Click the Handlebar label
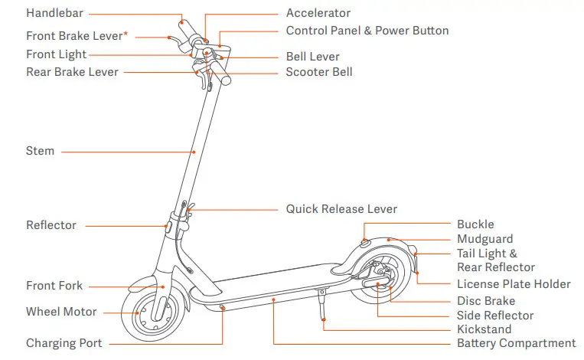coord(54,13)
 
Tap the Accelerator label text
coord(318,13)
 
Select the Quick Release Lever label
coord(341,208)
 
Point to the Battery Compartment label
coord(516,343)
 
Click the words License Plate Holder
coord(514,284)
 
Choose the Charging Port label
coord(64,343)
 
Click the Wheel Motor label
coord(61,312)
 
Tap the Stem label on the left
coord(40,151)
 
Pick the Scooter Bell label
coord(319,72)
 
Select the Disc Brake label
coord(486,301)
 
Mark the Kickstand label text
coord(484,329)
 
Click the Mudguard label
coord(484,239)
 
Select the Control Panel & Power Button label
coord(367,31)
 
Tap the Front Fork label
coord(54,286)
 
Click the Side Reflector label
coord(495,316)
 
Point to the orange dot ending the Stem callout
coord(194,152)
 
